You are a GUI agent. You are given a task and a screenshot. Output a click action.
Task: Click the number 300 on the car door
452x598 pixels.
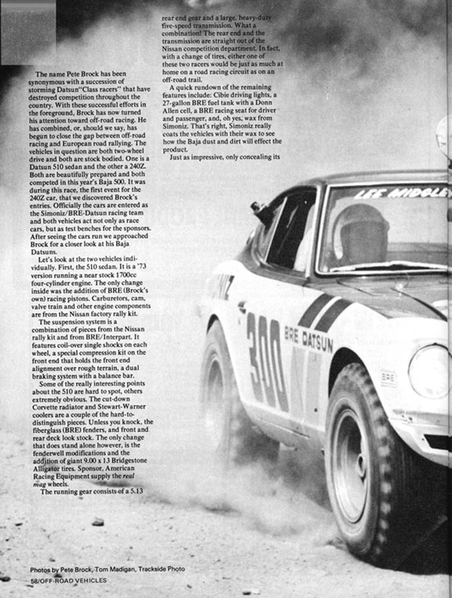(266, 360)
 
